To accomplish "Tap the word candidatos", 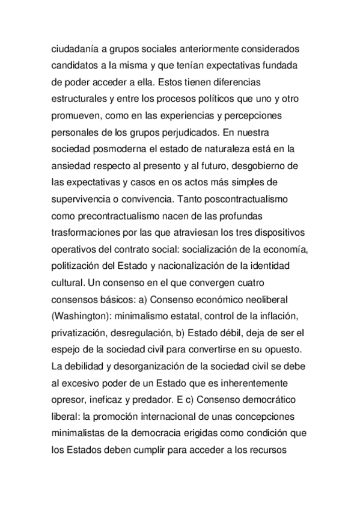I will (x=76, y=64).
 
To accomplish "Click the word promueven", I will (x=76, y=114).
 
